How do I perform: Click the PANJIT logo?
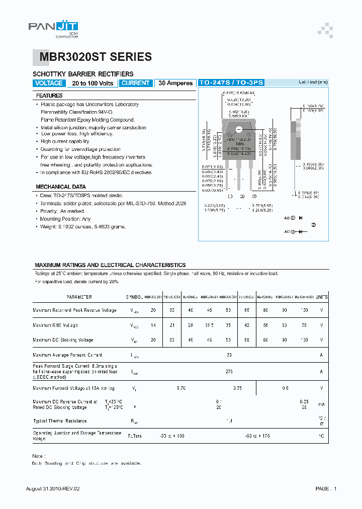[53, 28]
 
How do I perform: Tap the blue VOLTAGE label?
[49, 83]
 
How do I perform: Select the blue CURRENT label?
[136, 83]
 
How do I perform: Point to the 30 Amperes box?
[175, 83]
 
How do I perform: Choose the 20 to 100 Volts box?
[93, 83]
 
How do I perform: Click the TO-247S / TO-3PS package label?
[231, 82]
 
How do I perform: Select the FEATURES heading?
[49, 96]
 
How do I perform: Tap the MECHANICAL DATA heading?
[61, 187]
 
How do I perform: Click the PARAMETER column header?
[79, 297]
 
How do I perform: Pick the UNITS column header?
[322, 297]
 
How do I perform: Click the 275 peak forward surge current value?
[230, 372]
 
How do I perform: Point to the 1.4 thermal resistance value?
[230, 420]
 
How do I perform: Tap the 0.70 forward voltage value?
[182, 388]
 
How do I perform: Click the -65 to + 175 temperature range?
[257, 436]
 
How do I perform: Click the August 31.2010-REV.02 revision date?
[53, 488]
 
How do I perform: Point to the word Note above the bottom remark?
[38, 456]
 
